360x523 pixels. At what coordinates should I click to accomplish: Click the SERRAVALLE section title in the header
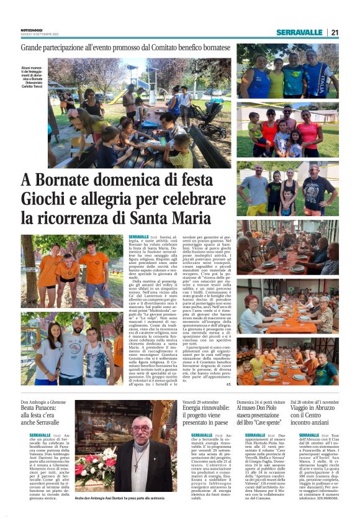click(x=300, y=32)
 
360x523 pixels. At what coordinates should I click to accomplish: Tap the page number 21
click(x=335, y=32)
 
